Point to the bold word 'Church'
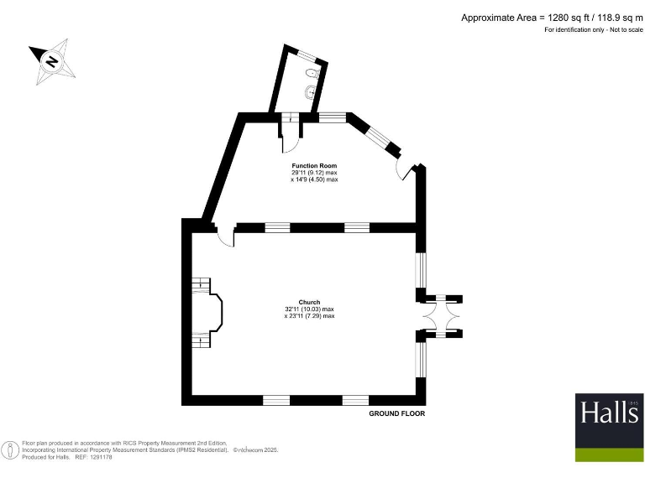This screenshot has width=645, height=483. [x=309, y=302]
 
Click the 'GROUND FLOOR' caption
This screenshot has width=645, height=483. [x=397, y=414]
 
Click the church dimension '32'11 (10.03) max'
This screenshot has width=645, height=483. [x=309, y=309]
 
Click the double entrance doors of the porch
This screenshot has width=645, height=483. [x=440, y=316]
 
